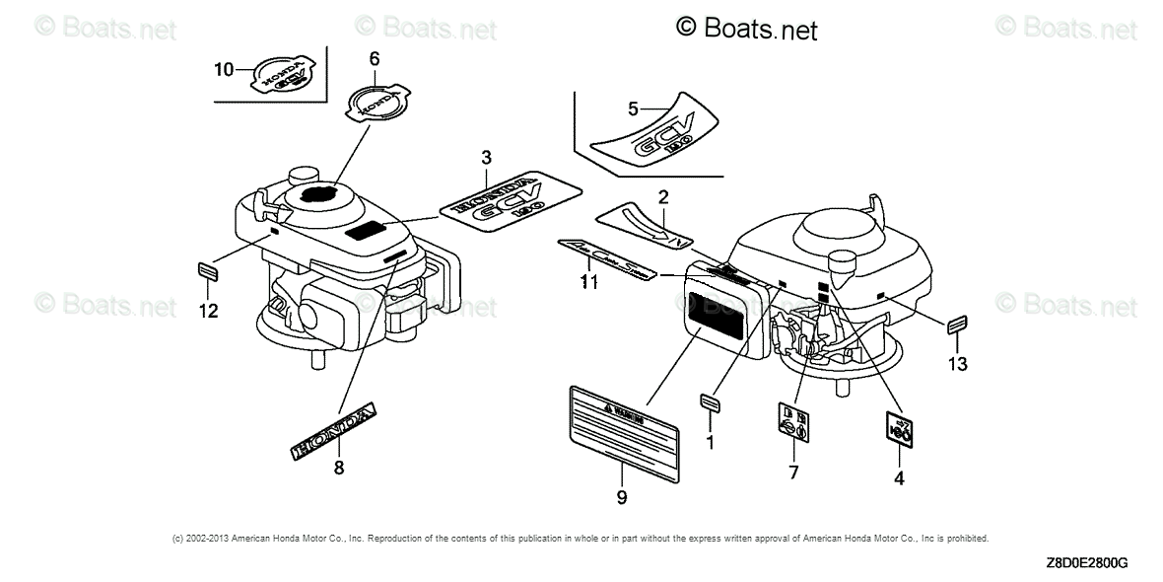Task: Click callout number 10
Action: [224, 68]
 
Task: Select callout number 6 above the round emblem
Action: [374, 59]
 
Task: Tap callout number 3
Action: [486, 158]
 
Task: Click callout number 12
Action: [208, 311]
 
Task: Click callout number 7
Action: [792, 473]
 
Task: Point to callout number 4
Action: [898, 479]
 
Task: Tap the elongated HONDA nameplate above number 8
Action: [335, 429]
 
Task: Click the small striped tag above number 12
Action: [208, 269]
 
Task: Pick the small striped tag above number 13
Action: [957, 327]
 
